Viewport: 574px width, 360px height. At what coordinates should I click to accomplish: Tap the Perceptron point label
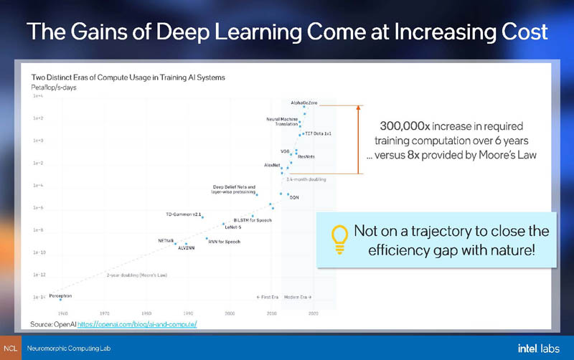pyautogui.click(x=60, y=295)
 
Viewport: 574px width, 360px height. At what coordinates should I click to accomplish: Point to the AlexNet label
pyautogui.click(x=272, y=165)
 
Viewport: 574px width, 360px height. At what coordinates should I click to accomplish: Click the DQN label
pyautogui.click(x=293, y=197)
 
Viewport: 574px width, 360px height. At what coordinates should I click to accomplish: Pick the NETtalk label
pyautogui.click(x=166, y=240)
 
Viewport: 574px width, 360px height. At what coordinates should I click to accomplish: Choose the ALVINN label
pyautogui.click(x=186, y=247)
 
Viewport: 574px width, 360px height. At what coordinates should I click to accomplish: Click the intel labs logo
pyautogui.click(x=538, y=348)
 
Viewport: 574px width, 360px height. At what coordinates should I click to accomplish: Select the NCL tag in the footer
pyautogui.click(x=10, y=348)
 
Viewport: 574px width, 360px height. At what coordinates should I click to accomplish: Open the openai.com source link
pyautogui.click(x=136, y=325)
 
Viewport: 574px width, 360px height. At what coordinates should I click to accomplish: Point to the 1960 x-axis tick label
pyautogui.click(x=63, y=313)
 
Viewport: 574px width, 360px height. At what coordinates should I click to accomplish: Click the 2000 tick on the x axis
pyautogui.click(x=230, y=313)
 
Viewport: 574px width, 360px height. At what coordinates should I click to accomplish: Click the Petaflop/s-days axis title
pyautogui.click(x=53, y=87)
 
